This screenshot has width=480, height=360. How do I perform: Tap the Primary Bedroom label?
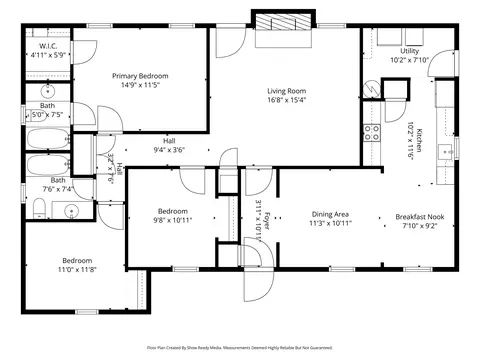pyautogui.click(x=140, y=76)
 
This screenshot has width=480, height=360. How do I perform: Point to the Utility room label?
pyautogui.click(x=410, y=50)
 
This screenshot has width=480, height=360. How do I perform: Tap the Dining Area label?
pyautogui.click(x=330, y=214)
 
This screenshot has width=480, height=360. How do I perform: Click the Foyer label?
pyautogui.click(x=266, y=216)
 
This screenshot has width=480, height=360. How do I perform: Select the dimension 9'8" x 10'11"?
pyautogui.click(x=171, y=220)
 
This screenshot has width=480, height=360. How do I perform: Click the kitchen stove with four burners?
pyautogui.click(x=371, y=132)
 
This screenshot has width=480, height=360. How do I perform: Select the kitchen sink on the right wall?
pyautogui.click(x=445, y=153)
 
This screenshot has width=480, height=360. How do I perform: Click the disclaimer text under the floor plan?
pyautogui.click(x=240, y=349)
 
